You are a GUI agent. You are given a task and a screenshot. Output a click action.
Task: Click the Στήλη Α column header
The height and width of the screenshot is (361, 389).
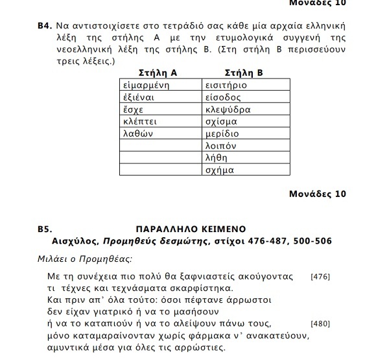coord(159,73)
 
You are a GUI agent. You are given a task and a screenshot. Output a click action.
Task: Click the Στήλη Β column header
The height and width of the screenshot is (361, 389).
coord(243,73)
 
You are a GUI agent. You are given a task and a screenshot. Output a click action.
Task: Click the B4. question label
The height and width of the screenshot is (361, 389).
coord(44,27)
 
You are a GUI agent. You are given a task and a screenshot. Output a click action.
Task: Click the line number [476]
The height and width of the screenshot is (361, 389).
coord(320,277)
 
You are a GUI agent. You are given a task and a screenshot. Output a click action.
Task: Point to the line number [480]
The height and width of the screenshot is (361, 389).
coord(320,323)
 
